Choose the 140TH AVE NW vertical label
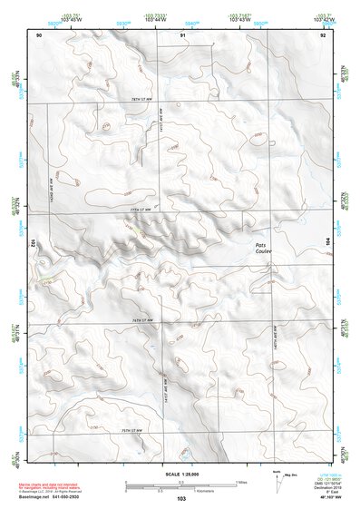[x=275, y=346]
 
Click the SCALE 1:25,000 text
[x=181, y=475]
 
